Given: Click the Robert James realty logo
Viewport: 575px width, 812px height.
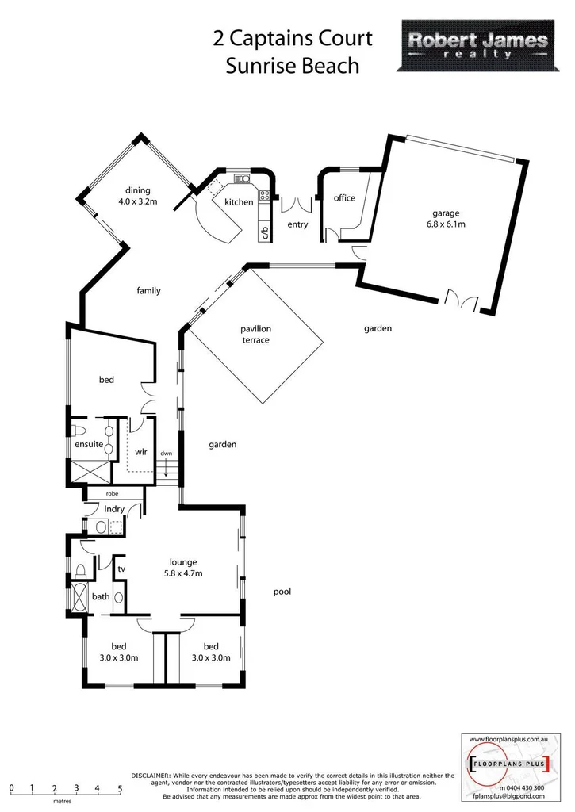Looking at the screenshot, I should [478, 46].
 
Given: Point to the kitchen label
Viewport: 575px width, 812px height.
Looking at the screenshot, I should [239, 202].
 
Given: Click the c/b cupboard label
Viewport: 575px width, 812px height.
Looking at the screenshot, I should [265, 232].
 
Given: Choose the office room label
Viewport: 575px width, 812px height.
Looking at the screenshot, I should [344, 198].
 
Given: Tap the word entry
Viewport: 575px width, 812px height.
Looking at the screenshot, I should [297, 224].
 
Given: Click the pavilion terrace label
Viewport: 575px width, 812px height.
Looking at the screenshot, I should [256, 334].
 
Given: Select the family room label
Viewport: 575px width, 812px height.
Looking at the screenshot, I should [148, 291].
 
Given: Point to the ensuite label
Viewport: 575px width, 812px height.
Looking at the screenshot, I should [89, 445].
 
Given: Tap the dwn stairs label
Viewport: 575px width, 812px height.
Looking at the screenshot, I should [166, 454].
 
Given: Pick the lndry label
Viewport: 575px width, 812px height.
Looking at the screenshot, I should [115, 508].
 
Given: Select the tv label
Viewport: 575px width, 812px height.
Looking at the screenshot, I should [121, 569].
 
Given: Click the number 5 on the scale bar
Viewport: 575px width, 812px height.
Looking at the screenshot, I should [120, 789].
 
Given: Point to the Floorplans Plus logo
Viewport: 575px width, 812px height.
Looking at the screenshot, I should [505, 766].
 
